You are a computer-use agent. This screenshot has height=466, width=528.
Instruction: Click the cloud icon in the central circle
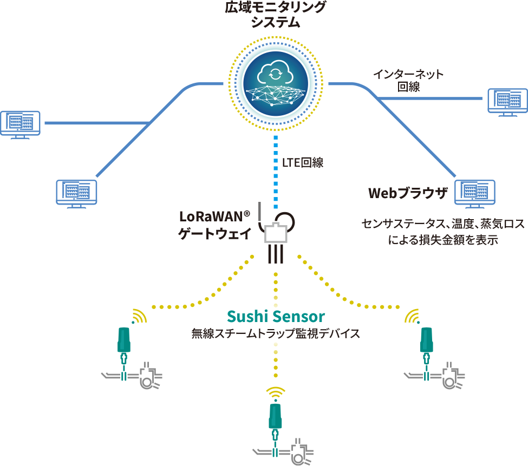(275, 72)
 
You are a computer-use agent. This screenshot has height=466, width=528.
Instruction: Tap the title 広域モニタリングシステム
(275, 15)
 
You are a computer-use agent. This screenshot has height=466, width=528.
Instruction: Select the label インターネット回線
(408, 80)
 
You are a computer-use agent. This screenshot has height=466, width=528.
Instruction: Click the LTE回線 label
(303, 162)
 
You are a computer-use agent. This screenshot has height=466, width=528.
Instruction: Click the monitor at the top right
(507, 101)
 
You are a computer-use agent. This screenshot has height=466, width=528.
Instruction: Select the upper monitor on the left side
(20, 124)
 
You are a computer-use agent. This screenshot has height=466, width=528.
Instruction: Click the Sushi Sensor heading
(276, 316)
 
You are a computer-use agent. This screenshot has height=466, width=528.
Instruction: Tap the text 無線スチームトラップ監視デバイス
(276, 333)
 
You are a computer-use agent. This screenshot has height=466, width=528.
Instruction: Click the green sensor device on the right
(427, 339)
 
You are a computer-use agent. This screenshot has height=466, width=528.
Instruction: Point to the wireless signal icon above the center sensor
(276, 392)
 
